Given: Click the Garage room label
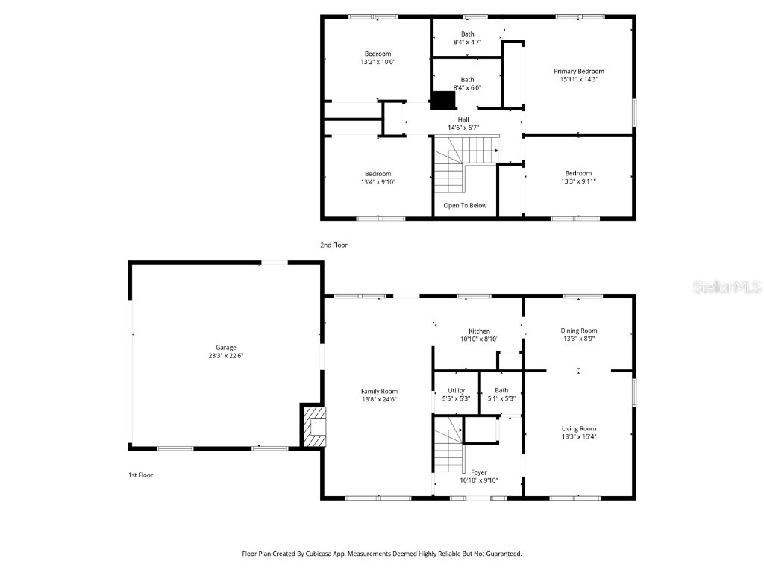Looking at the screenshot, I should [x=225, y=348].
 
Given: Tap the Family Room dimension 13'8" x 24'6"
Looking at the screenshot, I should [x=379, y=399].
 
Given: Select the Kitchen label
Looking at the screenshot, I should [x=479, y=331].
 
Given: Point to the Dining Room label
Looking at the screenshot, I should [x=579, y=331].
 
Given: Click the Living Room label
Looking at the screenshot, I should [x=579, y=428].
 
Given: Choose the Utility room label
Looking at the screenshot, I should [x=456, y=390].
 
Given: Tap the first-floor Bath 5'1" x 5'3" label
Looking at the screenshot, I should [x=501, y=390].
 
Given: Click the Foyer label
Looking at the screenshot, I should [x=478, y=472].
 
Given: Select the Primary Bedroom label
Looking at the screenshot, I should [x=579, y=71].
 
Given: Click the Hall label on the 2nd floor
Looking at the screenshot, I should [x=463, y=119].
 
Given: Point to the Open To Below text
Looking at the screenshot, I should [x=465, y=205].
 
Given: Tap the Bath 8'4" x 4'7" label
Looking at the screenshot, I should [x=467, y=34].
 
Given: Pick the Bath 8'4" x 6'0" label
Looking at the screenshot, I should [x=467, y=80].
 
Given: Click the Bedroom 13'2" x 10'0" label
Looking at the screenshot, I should [x=378, y=54].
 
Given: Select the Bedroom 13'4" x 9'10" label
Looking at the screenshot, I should [x=378, y=174].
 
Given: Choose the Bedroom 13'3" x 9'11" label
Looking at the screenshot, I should [x=577, y=173].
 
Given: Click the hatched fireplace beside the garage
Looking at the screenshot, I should [x=314, y=426].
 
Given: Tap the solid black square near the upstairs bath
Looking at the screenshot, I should [x=444, y=100].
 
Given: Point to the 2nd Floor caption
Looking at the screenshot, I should [x=334, y=245].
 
